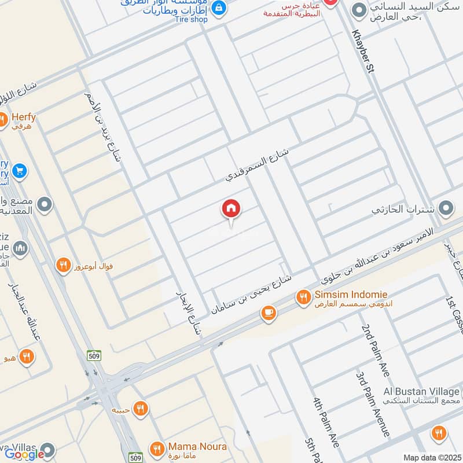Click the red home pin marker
tap(231, 210)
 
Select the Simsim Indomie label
tap(351, 295)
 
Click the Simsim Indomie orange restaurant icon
tap(303, 297)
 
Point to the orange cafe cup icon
tap(267, 313)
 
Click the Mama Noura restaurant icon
tap(156, 449)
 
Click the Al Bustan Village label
tap(422, 391)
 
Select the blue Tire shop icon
tap(218, 8)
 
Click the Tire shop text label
tap(190, 19)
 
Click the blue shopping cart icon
tap(19, 171)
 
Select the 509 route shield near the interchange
tap(94, 356)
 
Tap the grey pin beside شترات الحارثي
tap(446, 208)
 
